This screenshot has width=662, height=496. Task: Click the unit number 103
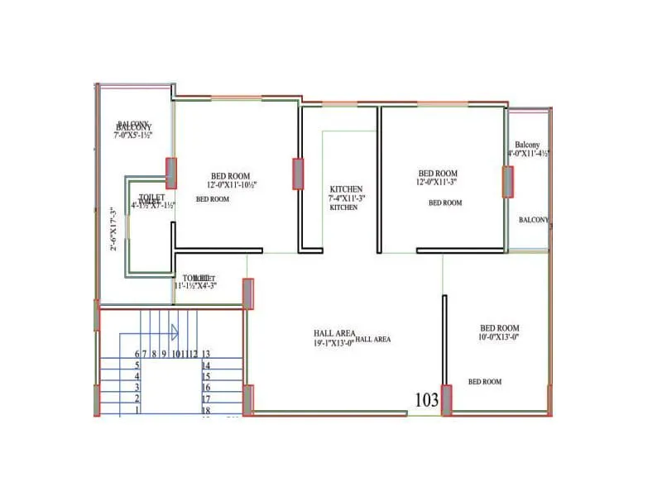point(426,400)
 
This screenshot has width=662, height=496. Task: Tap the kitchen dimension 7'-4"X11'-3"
point(347,198)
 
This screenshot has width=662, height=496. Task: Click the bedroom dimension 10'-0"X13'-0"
point(499,336)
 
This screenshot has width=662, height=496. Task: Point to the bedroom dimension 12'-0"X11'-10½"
point(232,185)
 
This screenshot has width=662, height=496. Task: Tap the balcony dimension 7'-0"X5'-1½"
point(133,134)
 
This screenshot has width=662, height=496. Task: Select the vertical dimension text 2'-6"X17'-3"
point(115,229)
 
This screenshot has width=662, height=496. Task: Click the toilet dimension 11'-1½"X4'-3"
point(195,286)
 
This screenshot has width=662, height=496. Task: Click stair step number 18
point(206,410)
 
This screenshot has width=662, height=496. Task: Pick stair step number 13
point(206,354)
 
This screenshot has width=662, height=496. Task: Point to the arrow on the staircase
point(175,332)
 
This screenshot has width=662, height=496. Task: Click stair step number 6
point(137,354)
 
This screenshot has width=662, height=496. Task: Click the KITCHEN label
point(344,208)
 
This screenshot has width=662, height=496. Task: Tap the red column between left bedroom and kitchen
point(298,174)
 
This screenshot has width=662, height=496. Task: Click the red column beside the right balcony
point(507,182)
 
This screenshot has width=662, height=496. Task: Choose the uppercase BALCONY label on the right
point(534,220)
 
